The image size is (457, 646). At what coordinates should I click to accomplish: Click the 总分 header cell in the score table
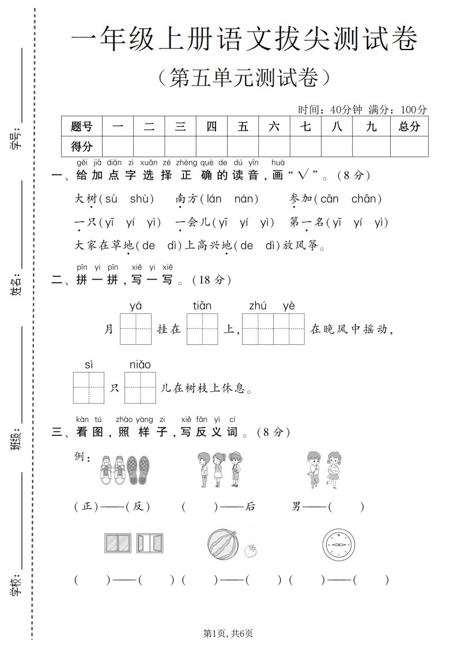[409, 127]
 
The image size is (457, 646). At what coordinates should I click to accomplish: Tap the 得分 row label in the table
[81, 147]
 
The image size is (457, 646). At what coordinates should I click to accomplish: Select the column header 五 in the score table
[243, 127]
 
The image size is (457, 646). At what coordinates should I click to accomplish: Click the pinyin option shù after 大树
[142, 199]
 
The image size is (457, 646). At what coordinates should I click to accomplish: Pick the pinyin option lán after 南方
[214, 199]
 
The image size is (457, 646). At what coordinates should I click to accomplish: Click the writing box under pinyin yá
[136, 329]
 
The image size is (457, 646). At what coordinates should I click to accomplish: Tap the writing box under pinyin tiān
[202, 329]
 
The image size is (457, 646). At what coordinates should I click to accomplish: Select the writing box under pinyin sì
[89, 387]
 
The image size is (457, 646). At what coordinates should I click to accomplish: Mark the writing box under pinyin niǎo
[140, 387]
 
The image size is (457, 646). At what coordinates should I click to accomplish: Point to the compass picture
[339, 544]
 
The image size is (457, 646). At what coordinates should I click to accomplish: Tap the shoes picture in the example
[124, 469]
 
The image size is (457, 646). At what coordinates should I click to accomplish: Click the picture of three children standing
[219, 468]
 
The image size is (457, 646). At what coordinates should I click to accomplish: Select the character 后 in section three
[250, 507]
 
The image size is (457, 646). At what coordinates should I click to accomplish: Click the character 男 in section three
[297, 507]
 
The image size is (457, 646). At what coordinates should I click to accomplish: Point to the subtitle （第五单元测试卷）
[244, 78]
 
